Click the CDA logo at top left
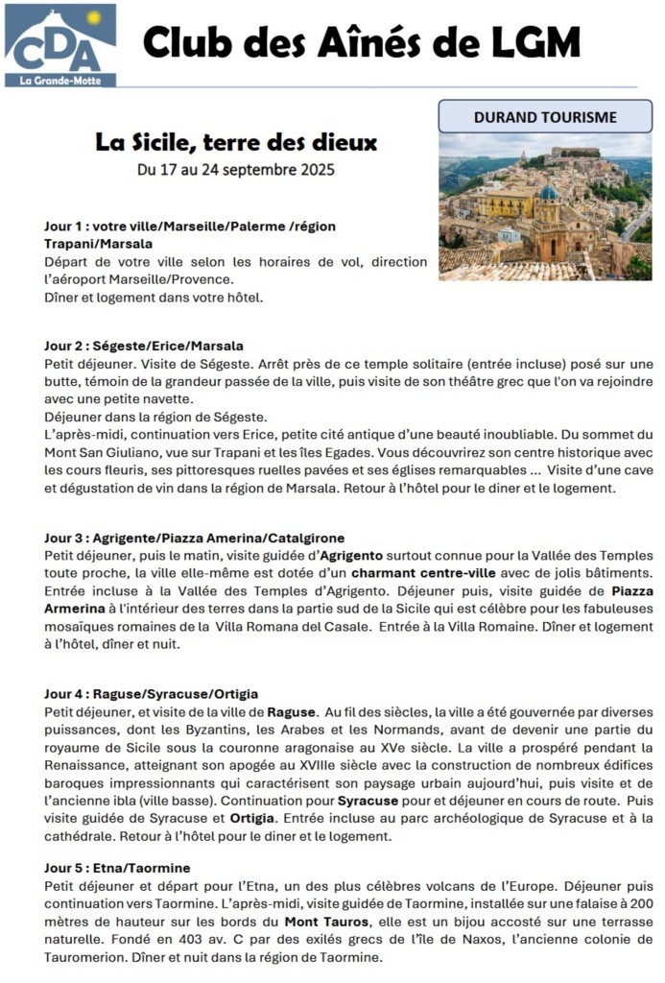[59, 42]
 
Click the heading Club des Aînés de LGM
[362, 43]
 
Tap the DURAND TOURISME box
[544, 117]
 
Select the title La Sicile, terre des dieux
[236, 143]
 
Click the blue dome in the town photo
[549, 192]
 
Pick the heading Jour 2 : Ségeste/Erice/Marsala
[144, 346]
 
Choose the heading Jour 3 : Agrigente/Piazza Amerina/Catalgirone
[194, 538]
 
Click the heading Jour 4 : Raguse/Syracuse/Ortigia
[151, 693]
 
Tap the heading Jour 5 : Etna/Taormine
[117, 868]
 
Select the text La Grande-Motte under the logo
[59, 81]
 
